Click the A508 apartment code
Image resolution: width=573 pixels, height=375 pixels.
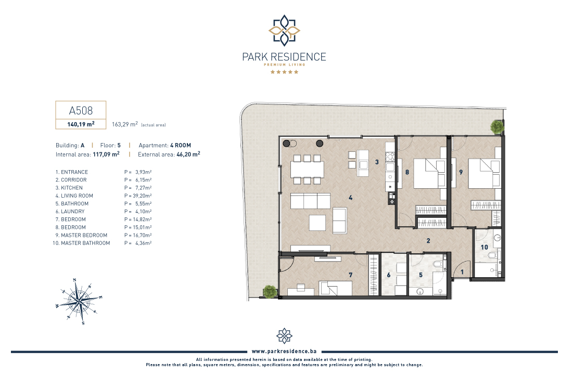81,110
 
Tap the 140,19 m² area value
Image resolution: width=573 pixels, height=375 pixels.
81,124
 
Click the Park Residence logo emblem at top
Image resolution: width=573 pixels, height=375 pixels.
284,30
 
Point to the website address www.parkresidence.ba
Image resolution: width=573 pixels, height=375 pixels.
284,351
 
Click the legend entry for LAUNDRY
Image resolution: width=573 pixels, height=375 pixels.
70,211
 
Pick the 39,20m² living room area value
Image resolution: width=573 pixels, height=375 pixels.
142,196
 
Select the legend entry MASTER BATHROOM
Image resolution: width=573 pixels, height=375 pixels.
82,243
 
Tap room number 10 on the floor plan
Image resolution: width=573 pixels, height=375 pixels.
484,247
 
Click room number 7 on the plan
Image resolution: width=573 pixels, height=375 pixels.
350,275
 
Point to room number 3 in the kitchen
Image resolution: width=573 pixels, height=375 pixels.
377,162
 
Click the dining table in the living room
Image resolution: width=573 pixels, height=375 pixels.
308,170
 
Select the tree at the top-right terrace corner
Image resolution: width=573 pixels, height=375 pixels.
497,127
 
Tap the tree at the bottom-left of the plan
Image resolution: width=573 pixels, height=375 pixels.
270,291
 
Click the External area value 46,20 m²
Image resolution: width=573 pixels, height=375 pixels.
188,154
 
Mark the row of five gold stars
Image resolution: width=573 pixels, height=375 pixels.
284,72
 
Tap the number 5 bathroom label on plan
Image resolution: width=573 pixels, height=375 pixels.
421,275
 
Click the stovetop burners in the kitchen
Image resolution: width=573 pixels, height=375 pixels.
390,157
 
